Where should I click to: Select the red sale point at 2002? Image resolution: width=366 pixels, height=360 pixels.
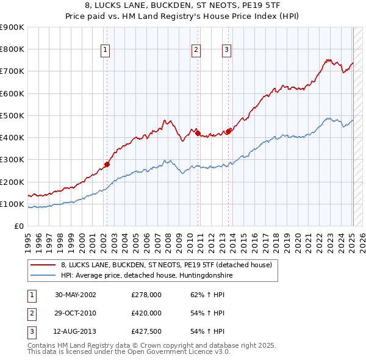(107, 164)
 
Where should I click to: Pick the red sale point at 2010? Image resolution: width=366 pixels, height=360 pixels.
(198, 132)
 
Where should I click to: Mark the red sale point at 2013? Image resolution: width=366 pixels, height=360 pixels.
(228, 131)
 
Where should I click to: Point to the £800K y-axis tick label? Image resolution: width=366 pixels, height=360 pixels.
(12, 49)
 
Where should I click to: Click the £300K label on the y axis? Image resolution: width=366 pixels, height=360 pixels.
(12, 160)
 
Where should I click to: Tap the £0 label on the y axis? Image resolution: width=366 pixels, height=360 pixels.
(18, 226)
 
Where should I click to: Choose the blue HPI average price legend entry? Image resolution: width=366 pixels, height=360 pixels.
(147, 275)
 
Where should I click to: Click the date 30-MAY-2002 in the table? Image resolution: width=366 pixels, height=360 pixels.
(76, 294)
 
